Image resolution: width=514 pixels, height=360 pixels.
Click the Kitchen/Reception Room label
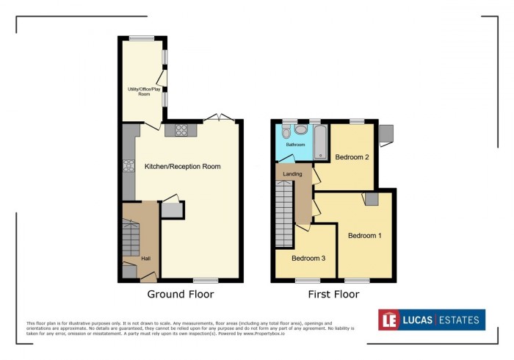tap(182, 167)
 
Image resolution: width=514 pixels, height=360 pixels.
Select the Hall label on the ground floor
tap(146, 259)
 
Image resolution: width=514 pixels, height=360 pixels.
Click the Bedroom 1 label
tap(365, 236)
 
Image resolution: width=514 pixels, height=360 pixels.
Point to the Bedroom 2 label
tap(352, 157)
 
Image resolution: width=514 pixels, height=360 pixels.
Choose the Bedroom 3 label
tap(308, 259)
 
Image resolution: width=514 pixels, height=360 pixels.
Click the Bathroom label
tap(295, 145)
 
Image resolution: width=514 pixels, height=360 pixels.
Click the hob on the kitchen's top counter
tap(180, 131)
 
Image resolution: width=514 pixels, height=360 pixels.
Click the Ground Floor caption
tap(181, 295)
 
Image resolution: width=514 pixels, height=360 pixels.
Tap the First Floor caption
tap(333, 295)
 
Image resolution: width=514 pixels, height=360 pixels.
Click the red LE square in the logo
tap(388, 320)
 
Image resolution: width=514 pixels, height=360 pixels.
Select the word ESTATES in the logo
tap(460, 320)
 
